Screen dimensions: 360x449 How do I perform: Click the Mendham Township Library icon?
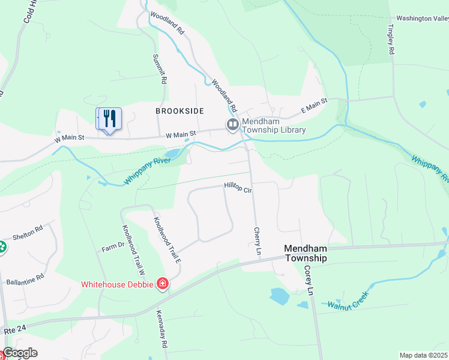(x=232, y=125)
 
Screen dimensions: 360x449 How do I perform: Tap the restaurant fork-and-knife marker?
(x=109, y=118)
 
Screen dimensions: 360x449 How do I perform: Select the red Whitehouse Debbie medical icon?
(x=161, y=284)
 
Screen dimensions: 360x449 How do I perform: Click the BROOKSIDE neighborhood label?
(x=179, y=111)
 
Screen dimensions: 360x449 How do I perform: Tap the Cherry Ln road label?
(x=258, y=242)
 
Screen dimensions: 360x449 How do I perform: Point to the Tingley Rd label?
(x=391, y=40)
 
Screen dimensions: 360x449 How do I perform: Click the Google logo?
(x=20, y=353)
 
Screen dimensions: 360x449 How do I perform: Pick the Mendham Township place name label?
(x=306, y=253)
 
